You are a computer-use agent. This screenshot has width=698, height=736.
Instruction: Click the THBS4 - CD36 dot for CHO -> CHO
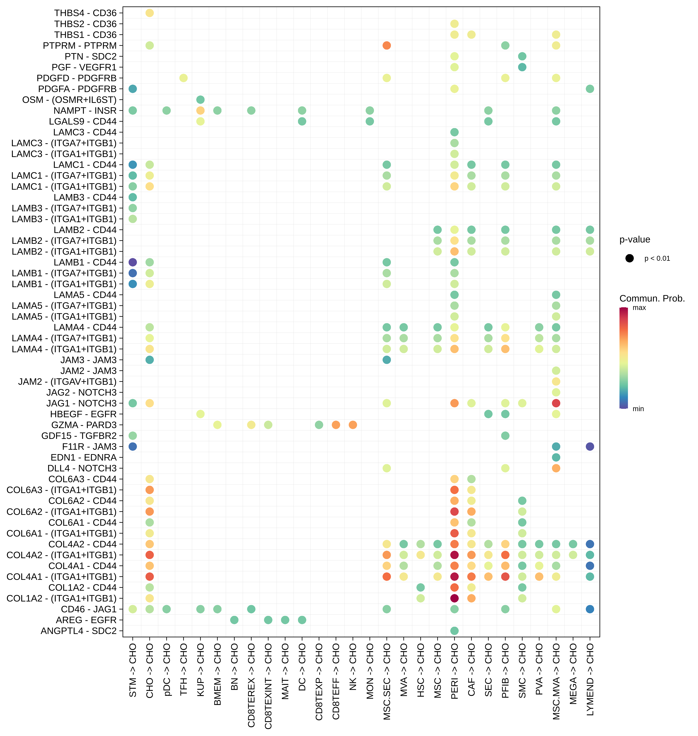150,13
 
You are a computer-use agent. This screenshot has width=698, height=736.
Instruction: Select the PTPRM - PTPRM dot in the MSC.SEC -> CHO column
387,45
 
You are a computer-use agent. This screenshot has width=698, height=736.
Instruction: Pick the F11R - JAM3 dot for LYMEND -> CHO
590,447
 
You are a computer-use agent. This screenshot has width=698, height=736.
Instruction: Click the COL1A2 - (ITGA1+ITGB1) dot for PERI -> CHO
454,598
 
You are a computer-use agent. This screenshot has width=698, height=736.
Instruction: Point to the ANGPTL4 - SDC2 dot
454,631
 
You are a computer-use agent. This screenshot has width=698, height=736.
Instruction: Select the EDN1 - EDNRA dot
556,457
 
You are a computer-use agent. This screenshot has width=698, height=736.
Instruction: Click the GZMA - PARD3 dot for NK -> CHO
353,425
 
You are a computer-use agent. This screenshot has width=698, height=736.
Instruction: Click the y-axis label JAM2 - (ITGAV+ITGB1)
67,382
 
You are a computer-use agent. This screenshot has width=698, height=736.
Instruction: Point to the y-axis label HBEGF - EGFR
83,414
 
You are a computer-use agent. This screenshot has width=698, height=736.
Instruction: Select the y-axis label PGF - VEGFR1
84,67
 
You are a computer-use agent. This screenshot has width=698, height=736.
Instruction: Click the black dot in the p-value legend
629,258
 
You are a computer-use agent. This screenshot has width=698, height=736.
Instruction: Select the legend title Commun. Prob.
652,298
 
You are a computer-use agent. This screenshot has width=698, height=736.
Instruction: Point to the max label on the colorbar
639,308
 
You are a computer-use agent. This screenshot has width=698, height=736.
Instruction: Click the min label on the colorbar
638,409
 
